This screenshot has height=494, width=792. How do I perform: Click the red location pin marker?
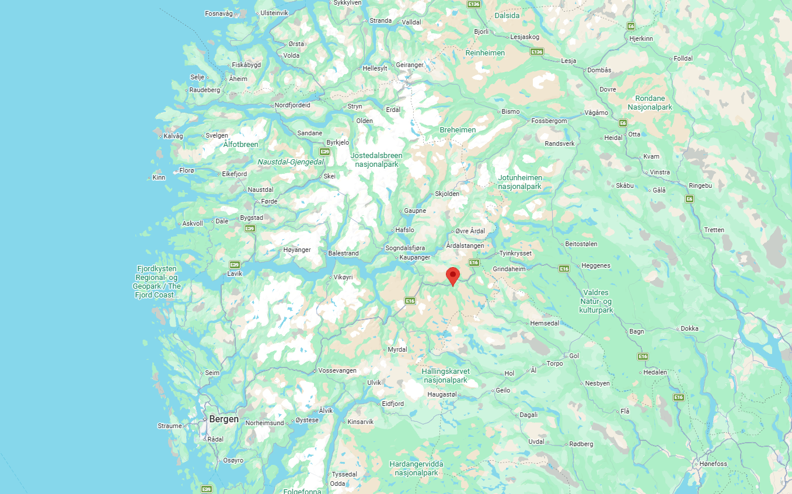click(x=452, y=275)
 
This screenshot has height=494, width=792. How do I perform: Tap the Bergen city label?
click(x=224, y=419)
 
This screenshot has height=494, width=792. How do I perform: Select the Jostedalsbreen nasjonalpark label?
click(x=376, y=160)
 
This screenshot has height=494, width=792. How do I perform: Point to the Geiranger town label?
click(x=410, y=65)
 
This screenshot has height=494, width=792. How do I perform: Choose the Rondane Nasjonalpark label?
click(x=650, y=103)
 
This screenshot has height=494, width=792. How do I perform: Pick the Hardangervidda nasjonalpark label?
click(x=416, y=468)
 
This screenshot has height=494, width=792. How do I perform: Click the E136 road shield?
click(x=474, y=5)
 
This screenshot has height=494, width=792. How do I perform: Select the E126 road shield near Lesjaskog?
click(x=537, y=52)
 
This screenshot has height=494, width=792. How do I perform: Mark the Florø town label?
click(x=186, y=170)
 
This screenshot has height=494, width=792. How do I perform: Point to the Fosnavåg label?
click(x=219, y=13)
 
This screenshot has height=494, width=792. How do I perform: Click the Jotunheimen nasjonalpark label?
click(x=520, y=182)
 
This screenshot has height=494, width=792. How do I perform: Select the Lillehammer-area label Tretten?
click(x=714, y=230)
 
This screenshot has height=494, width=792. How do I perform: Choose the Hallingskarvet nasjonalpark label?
click(x=446, y=376)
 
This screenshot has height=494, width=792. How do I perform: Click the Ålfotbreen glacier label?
click(x=240, y=144)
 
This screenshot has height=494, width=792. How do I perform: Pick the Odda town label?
click(x=337, y=484)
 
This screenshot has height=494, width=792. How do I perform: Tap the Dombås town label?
click(x=599, y=70)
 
